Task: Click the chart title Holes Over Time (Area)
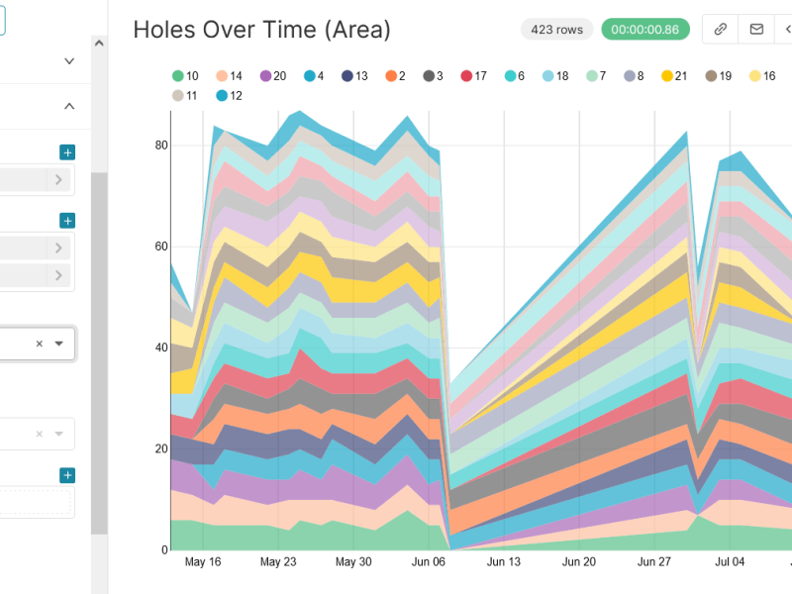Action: click(261, 30)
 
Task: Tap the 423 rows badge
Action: click(556, 30)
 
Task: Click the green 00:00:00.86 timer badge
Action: click(644, 30)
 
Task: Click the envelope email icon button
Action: click(756, 30)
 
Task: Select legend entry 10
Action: click(185, 76)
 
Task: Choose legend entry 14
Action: click(229, 76)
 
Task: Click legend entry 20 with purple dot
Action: click(273, 76)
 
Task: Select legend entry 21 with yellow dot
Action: click(675, 76)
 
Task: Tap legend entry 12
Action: click(229, 96)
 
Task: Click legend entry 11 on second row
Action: click(185, 96)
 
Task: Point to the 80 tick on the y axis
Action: click(161, 146)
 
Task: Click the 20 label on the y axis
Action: click(161, 448)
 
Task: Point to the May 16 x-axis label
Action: click(203, 561)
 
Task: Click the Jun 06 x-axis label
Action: click(429, 561)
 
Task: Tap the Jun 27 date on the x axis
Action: click(654, 561)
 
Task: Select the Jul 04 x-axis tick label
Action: click(730, 561)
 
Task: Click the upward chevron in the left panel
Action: click(69, 106)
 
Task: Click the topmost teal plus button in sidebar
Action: click(67, 152)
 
